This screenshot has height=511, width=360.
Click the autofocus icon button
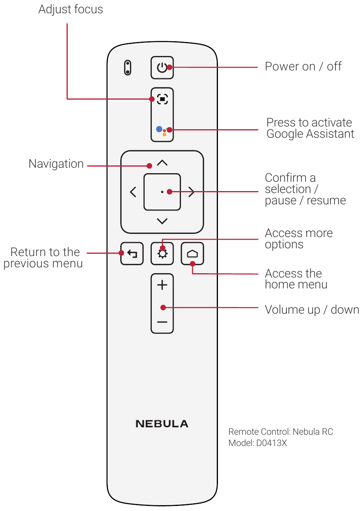[x=162, y=99]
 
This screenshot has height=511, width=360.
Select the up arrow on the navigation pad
[x=162, y=163]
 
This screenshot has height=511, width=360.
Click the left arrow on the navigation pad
[x=133, y=192]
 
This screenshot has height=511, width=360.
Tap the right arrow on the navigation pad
[x=191, y=192]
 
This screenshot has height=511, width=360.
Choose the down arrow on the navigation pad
[x=162, y=221]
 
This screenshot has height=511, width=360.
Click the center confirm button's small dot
[x=162, y=192]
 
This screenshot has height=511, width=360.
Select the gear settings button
[x=162, y=254]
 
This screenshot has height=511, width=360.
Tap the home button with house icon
[x=192, y=254]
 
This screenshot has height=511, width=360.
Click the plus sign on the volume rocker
[x=162, y=285]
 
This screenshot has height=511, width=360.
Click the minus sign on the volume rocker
[x=162, y=322]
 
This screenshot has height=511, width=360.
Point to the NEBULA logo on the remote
[x=162, y=424]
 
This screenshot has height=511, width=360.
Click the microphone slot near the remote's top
[x=128, y=68]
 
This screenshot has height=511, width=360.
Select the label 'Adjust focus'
[x=71, y=9]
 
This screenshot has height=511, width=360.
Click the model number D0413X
[x=271, y=443]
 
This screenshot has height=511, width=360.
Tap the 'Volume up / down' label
[x=312, y=310]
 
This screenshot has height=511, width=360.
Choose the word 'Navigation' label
[x=56, y=164]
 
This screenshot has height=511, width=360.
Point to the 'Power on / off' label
[x=303, y=67]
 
